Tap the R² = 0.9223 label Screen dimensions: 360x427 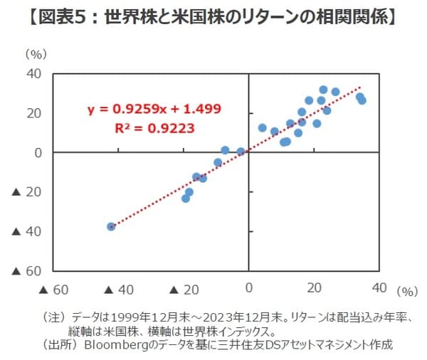[x=154, y=129]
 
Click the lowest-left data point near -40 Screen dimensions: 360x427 [x=111, y=226]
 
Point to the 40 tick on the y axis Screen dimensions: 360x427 [x=34, y=74]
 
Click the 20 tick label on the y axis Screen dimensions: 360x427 [x=34, y=113]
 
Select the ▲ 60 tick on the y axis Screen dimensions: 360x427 [x=26, y=271]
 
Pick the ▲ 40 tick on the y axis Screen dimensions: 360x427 [x=26, y=231]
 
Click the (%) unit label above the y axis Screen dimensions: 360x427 [x=33, y=53]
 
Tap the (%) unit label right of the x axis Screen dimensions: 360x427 [x=406, y=290]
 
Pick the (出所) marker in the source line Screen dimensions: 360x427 [x=59, y=345]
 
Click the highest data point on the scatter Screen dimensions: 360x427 [x=323, y=90]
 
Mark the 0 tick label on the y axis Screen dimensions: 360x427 [x=38, y=152]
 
